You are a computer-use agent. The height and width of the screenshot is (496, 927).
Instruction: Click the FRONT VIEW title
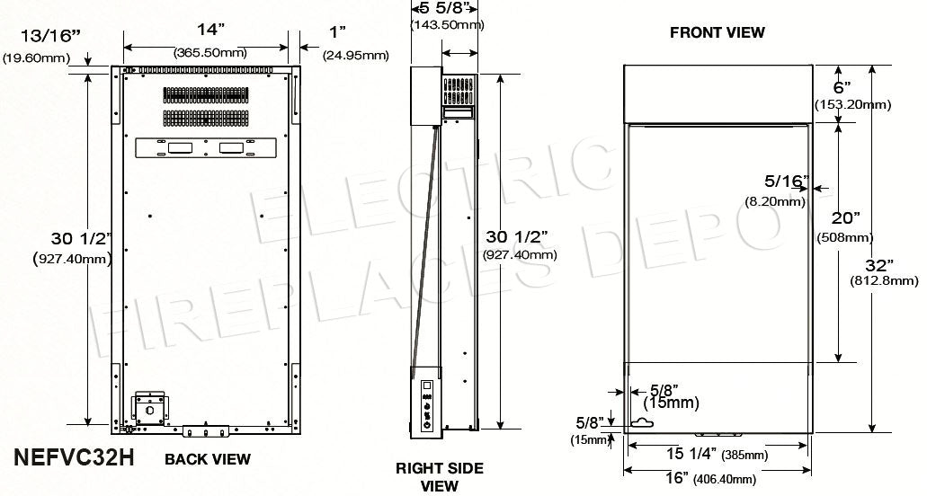(717, 32)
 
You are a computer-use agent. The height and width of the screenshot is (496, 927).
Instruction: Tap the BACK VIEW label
(207, 459)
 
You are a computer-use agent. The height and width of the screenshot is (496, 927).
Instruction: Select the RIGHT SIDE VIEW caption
(440, 477)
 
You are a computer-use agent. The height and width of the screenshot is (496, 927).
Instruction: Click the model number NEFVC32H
(75, 457)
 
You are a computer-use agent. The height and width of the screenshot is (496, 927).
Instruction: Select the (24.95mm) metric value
(355, 56)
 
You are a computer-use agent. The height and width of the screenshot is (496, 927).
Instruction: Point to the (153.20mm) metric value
(852, 104)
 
